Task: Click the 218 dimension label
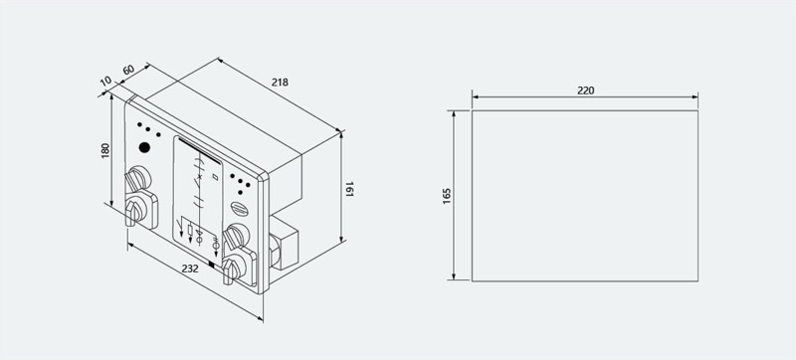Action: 280,82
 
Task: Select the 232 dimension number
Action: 190,269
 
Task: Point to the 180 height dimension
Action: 105,150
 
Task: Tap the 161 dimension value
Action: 350,189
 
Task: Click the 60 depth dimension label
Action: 128,70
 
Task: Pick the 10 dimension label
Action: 105,81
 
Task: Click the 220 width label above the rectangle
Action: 585,90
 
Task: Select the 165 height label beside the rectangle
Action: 447,196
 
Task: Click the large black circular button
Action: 144,147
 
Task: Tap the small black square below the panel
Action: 211,264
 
